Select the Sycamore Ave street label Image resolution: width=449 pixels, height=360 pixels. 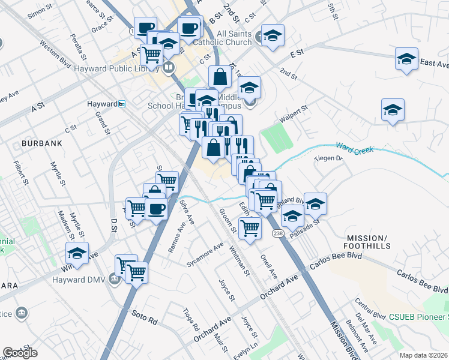click(205, 254)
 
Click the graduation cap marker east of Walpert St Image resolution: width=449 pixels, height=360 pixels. click(393, 109)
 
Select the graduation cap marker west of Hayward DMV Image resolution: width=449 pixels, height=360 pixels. click(77, 253)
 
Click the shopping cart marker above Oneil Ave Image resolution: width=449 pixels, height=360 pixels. click(250, 227)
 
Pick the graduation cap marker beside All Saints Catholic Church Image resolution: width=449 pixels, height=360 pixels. click(273, 35)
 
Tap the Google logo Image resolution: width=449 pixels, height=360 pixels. click(20, 353)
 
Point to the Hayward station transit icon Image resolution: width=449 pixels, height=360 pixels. click(121, 104)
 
